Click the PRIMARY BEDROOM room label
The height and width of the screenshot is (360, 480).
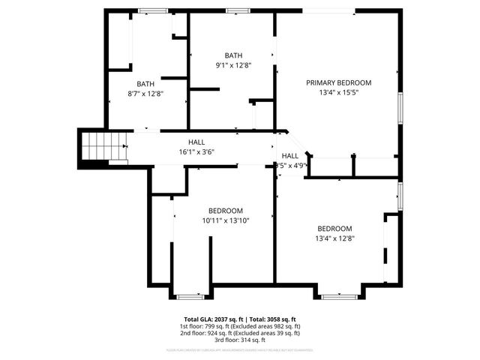pyautogui.click(x=338, y=82)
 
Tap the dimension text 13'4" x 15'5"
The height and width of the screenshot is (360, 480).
pyautogui.click(x=338, y=93)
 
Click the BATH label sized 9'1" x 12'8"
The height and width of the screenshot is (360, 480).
pyautogui.click(x=234, y=55)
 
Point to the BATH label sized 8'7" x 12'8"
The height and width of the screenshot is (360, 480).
pyautogui.click(x=145, y=83)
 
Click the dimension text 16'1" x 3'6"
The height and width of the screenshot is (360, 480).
pyautogui.click(x=196, y=152)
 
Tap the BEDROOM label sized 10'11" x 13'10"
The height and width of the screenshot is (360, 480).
pyautogui.click(x=225, y=210)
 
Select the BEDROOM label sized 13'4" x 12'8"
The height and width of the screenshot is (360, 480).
pyautogui.click(x=334, y=229)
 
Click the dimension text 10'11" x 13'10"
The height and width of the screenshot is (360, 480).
pyautogui.click(x=225, y=220)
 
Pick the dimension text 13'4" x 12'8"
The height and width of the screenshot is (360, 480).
pyautogui.click(x=334, y=238)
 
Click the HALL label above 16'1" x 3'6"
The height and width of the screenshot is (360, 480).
pyautogui.click(x=196, y=142)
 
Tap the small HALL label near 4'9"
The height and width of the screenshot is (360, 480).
pyautogui.click(x=289, y=155)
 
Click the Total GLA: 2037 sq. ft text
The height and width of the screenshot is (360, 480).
pyautogui.click(x=212, y=319)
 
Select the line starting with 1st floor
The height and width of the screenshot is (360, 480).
pyautogui.click(x=240, y=326)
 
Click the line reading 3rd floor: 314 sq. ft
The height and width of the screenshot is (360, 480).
pyautogui.click(x=240, y=341)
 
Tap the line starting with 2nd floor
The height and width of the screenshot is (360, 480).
pyautogui.click(x=240, y=334)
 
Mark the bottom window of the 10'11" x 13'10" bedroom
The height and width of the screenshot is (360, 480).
pyautogui.click(x=190, y=296)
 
